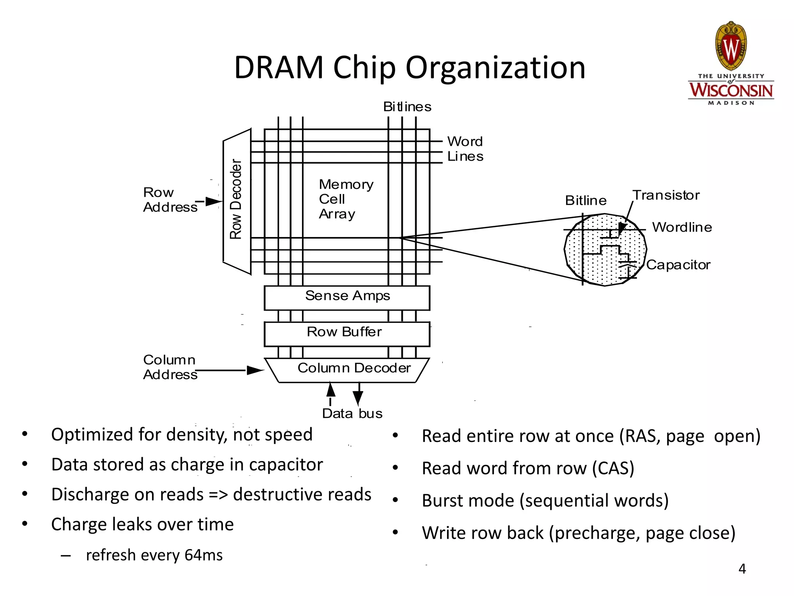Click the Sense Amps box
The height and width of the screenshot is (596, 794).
347,298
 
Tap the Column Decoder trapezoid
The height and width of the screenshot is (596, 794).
347,369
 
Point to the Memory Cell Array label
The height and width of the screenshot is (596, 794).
345,199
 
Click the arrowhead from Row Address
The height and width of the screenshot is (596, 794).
214,201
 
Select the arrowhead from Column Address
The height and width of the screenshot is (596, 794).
255,370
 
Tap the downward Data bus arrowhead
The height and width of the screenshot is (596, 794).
358,398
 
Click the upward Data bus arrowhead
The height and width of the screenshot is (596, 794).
331,390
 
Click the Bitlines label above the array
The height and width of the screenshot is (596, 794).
407,107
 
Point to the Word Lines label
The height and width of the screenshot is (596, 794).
465,149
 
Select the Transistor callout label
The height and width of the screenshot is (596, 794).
666,195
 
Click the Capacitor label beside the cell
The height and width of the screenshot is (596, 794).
678,265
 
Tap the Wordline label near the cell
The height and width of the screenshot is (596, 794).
682,227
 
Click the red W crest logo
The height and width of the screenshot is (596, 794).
731,47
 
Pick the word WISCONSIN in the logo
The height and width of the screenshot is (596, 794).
731,90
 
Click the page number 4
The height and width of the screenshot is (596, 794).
742,569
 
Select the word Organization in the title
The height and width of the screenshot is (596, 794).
495,68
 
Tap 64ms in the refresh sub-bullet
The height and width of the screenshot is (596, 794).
204,555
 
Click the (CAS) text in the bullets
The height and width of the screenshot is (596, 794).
613,468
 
